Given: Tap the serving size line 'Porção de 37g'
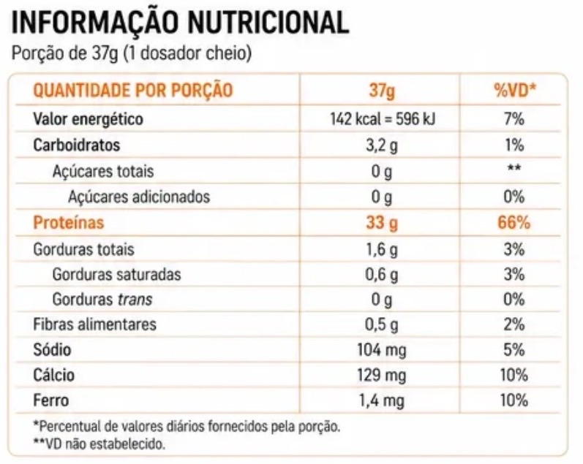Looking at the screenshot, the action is [65, 53].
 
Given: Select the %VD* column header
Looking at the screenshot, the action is [514, 90].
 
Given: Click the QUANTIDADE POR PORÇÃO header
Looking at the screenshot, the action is [132, 91].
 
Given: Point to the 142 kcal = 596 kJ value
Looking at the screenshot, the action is [383, 119].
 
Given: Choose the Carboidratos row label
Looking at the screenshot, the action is [77, 145].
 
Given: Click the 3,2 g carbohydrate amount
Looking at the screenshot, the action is [382, 145].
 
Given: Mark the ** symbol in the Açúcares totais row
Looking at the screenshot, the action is [514, 167].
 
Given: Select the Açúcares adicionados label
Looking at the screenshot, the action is [139, 197].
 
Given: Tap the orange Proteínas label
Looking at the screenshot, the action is [69, 223].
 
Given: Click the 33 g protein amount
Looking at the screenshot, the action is [382, 224].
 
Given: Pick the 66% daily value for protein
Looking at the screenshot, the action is [514, 223].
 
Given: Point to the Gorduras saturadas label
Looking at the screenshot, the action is [116, 275].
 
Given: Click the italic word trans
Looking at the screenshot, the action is [135, 300].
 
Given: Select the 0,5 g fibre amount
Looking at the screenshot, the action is [382, 325].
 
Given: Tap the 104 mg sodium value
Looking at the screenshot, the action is [382, 350].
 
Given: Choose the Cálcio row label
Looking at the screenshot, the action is [53, 375].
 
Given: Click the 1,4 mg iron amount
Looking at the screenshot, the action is [382, 401].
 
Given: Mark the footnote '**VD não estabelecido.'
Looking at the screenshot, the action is [99, 444].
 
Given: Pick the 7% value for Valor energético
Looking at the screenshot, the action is [514, 119].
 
